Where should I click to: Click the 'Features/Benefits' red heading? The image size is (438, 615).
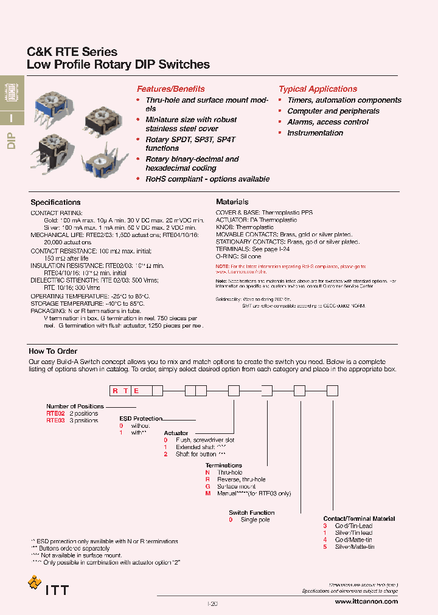[x=170, y=89]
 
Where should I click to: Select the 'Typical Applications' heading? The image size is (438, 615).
[x=318, y=89]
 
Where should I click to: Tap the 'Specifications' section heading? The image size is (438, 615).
[x=55, y=202]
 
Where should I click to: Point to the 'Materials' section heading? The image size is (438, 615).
[x=232, y=202]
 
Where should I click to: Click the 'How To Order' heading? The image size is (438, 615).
[x=51, y=351]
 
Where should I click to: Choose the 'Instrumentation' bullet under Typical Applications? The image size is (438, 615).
[x=315, y=132]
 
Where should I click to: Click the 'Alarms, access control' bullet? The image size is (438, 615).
[x=327, y=122]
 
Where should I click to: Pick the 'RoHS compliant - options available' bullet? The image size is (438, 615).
[x=207, y=179]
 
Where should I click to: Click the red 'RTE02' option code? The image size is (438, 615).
[x=55, y=413]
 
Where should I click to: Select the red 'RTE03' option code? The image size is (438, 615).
[x=55, y=420]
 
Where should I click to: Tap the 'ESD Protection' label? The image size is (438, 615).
[x=141, y=418]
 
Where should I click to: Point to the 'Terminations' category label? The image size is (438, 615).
[x=224, y=466]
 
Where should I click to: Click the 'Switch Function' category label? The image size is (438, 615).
[x=251, y=512]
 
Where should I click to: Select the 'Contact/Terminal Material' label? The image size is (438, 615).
[x=359, y=518]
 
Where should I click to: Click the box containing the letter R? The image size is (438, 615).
[x=114, y=391]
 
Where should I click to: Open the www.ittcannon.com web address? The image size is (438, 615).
[x=366, y=602]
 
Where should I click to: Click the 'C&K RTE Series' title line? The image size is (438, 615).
[x=72, y=52]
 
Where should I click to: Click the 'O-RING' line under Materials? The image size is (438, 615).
[x=239, y=256]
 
